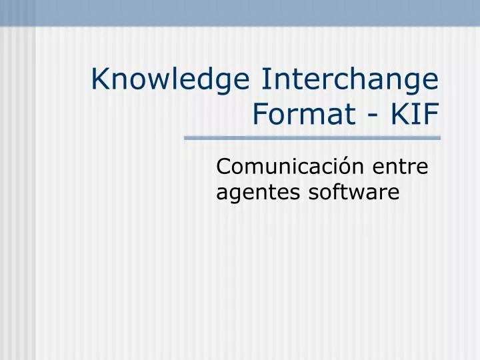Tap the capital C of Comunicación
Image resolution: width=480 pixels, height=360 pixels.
[223, 166]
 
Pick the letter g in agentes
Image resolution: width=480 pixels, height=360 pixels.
[233, 195]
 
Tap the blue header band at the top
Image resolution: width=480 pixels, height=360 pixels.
[240, 12]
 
